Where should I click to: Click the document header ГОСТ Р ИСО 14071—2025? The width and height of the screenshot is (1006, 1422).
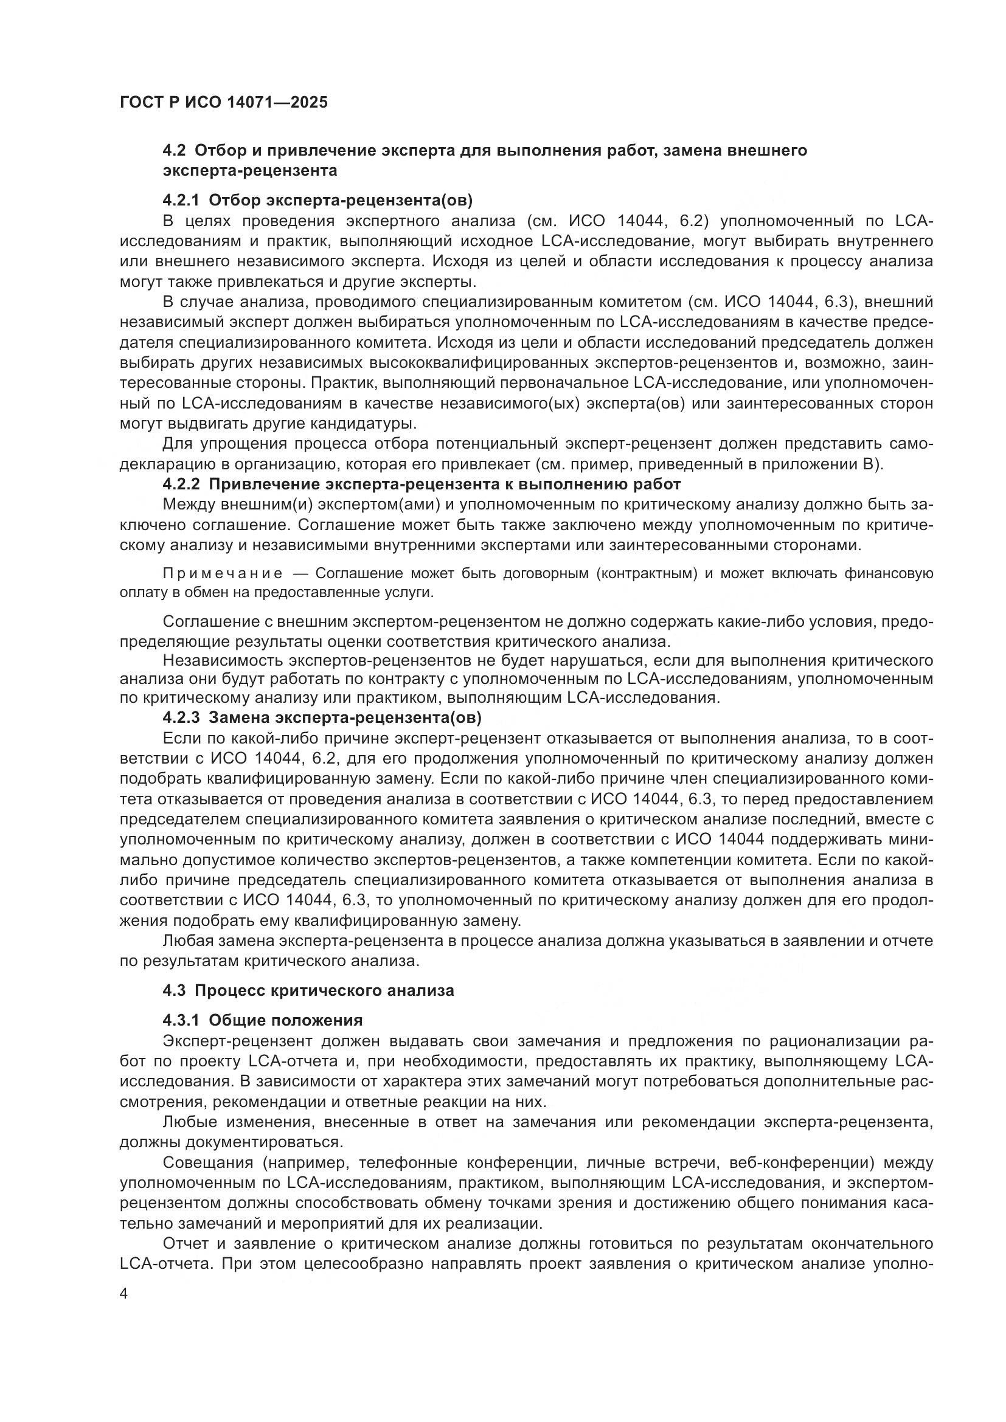coord(224,103)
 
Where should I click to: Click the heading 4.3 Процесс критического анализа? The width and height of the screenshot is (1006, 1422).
coord(308,990)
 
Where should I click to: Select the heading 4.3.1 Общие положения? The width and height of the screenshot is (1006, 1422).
coord(263,1020)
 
